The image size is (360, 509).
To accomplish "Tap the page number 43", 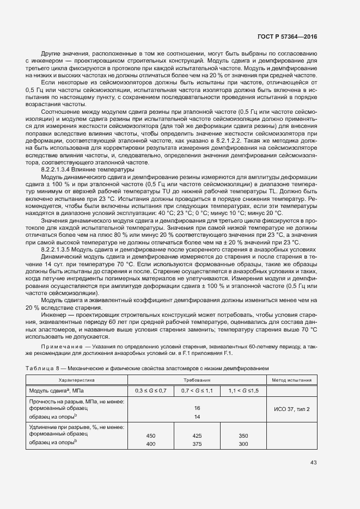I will [x=314, y=463].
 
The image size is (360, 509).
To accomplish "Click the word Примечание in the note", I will [x=60, y=346].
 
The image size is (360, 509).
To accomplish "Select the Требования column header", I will [x=197, y=380].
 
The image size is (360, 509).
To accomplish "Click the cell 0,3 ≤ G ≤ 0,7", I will [x=150, y=391].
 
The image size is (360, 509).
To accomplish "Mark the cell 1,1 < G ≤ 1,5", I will [x=243, y=391].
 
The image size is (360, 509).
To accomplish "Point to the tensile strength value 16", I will [x=197, y=408].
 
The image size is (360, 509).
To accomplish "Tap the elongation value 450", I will [x=150, y=436].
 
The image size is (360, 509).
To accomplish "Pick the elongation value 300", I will [x=243, y=444].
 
